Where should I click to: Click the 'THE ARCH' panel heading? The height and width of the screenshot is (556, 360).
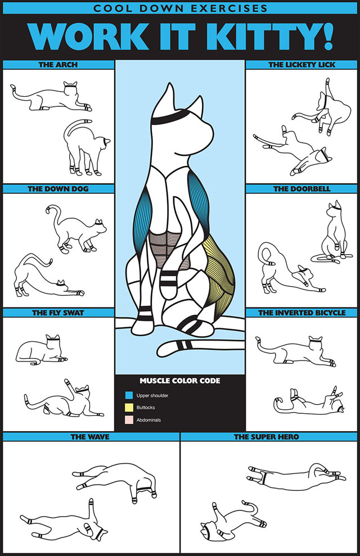click(x=58, y=65)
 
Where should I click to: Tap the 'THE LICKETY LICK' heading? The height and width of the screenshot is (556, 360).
click(x=301, y=65)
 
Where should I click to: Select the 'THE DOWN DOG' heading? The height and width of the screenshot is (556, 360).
click(x=58, y=189)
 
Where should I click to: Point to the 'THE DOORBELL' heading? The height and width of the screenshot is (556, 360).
click(x=301, y=189)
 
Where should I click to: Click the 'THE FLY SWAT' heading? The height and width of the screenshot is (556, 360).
click(x=58, y=313)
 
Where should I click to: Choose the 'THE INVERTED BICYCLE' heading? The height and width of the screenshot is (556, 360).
click(x=301, y=313)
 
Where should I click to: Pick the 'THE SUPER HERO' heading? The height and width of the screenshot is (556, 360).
click(x=266, y=436)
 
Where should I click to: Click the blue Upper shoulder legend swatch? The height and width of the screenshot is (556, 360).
click(x=129, y=395)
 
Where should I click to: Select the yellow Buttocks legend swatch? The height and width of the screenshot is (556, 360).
click(x=129, y=408)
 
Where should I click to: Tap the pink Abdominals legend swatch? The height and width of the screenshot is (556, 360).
click(x=129, y=420)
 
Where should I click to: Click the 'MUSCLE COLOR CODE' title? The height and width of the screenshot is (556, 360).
click(x=180, y=381)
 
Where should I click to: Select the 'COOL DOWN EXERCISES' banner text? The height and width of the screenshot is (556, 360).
click(x=180, y=8)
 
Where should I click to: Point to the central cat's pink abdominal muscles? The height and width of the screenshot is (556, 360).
click(x=166, y=248)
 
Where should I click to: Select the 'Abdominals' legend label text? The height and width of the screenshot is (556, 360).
click(x=148, y=420)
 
